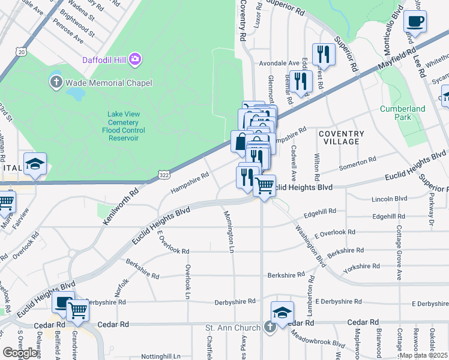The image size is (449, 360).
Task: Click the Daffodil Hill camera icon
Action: point(136,59)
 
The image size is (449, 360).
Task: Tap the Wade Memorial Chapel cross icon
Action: point(56,82)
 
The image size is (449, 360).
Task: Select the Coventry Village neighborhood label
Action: point(341,137)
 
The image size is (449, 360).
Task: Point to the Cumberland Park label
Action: point(402,113)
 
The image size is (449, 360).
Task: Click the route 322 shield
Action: point(164,174)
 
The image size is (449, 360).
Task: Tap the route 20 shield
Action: point(22,53)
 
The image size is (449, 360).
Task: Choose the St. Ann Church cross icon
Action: point(270,328)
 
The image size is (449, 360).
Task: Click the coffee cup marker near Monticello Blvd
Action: point(415,23)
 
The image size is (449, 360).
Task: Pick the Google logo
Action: point(20,353)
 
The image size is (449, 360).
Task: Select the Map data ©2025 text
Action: point(424,355)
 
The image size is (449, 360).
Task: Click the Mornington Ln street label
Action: point(229,231)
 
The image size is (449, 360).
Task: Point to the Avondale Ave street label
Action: point(279,63)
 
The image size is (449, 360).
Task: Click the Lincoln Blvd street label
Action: point(389,199)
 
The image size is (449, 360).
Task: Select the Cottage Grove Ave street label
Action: point(399,253)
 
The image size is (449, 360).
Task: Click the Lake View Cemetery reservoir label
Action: point(123,126)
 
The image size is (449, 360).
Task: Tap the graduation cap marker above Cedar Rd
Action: point(282,312)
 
